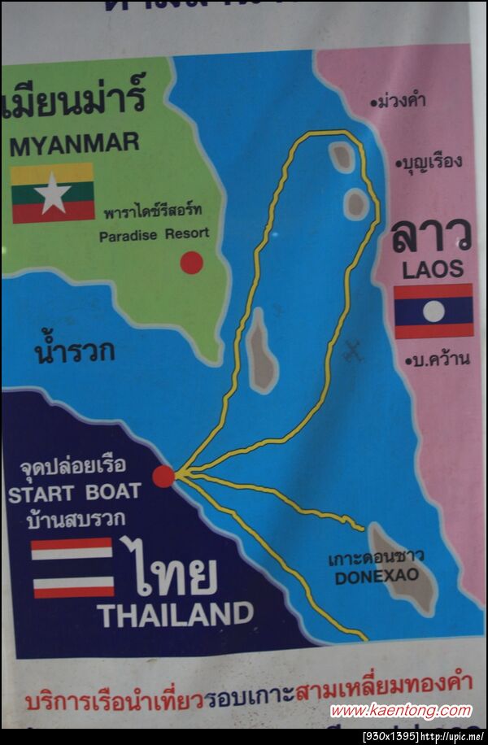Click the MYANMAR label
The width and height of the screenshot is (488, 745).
coord(74,145)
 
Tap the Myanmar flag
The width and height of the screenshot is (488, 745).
coord(53,193)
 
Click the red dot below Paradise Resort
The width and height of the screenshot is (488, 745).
coord(191,263)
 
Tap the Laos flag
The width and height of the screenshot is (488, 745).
coord(434,311)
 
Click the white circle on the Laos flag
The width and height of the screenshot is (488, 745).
coord(434,311)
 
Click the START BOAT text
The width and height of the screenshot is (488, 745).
coord(74,492)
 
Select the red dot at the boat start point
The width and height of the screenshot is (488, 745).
coord(163,477)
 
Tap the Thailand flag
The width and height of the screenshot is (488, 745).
coord(72,568)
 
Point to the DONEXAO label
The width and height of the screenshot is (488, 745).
coord(377,576)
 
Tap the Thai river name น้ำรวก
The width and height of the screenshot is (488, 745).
coord(74,351)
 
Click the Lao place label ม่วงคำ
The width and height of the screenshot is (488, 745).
coord(400,102)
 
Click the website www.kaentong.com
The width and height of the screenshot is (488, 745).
coord(400,710)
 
